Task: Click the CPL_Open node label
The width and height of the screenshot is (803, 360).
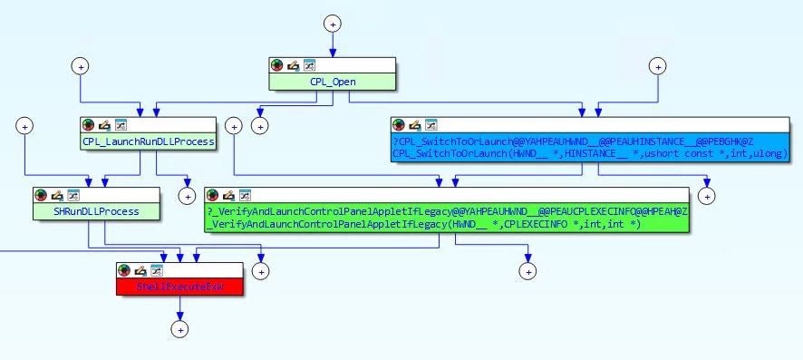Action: pos(333,82)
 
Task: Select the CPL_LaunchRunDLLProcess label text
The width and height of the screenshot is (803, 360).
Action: pos(149,141)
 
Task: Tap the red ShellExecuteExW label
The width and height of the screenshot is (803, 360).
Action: pos(179,287)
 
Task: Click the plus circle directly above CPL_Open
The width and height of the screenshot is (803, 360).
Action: pos(333,23)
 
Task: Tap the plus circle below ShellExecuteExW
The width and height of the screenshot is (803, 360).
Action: pos(180,329)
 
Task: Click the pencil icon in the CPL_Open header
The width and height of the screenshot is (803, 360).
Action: pos(293,65)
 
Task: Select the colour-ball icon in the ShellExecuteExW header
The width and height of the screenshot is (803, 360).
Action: pos(124,270)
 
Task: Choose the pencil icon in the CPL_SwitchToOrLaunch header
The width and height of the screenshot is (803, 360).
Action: pos(415,125)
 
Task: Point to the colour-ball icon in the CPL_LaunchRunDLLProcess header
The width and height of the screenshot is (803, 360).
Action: pos(88,125)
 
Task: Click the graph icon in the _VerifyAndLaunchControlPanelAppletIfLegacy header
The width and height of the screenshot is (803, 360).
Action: pos(242,195)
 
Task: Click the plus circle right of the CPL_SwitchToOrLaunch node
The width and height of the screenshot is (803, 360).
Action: pos(706,194)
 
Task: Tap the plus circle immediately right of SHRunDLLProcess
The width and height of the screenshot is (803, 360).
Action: pos(188,194)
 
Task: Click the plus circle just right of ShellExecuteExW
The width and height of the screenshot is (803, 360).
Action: pos(262,270)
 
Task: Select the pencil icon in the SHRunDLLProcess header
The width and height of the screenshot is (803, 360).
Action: pos(56,195)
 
